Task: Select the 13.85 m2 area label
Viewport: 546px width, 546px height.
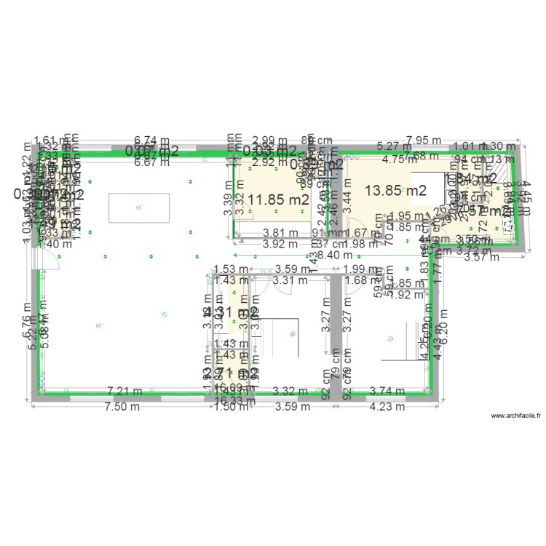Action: [395, 191]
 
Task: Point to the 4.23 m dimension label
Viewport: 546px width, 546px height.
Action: [386, 407]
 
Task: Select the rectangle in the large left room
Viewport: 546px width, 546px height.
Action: [139, 207]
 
